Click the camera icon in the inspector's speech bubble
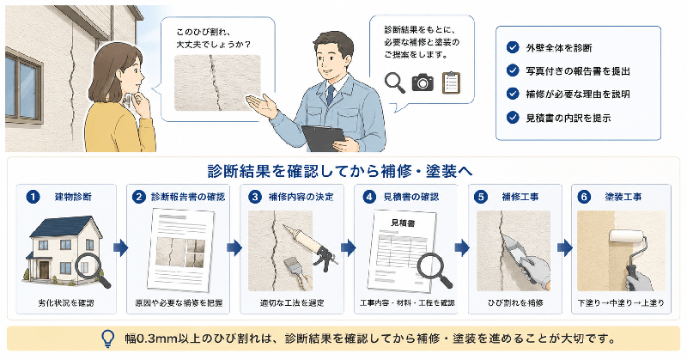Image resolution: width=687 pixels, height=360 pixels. tap(423, 82)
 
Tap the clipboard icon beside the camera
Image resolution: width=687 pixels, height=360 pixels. tap(452, 82)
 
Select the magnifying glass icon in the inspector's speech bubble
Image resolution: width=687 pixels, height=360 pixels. tap(394, 82)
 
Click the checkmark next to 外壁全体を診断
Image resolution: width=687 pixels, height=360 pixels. tap(512, 47)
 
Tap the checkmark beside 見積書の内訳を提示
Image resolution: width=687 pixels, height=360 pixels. tap(512, 118)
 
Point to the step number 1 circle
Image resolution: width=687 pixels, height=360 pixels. tap(33, 197)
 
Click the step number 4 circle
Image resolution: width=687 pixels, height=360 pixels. tap(369, 197)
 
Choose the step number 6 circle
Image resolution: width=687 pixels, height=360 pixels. tap(584, 197)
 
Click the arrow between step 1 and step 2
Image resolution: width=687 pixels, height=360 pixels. tap(121, 247)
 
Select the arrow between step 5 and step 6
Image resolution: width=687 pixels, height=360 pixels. tap(565, 247)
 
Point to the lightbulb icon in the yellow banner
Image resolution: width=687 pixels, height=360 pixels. tap(107, 339)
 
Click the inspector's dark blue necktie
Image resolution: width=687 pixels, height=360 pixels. tap(331, 94)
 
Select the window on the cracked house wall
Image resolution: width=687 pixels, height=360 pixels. tap(23, 86)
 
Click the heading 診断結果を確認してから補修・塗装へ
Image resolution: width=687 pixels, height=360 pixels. tap(340, 172)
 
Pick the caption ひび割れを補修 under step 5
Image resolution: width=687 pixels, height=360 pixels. tap(516, 303)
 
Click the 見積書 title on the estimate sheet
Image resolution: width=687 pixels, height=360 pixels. tap(403, 223)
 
